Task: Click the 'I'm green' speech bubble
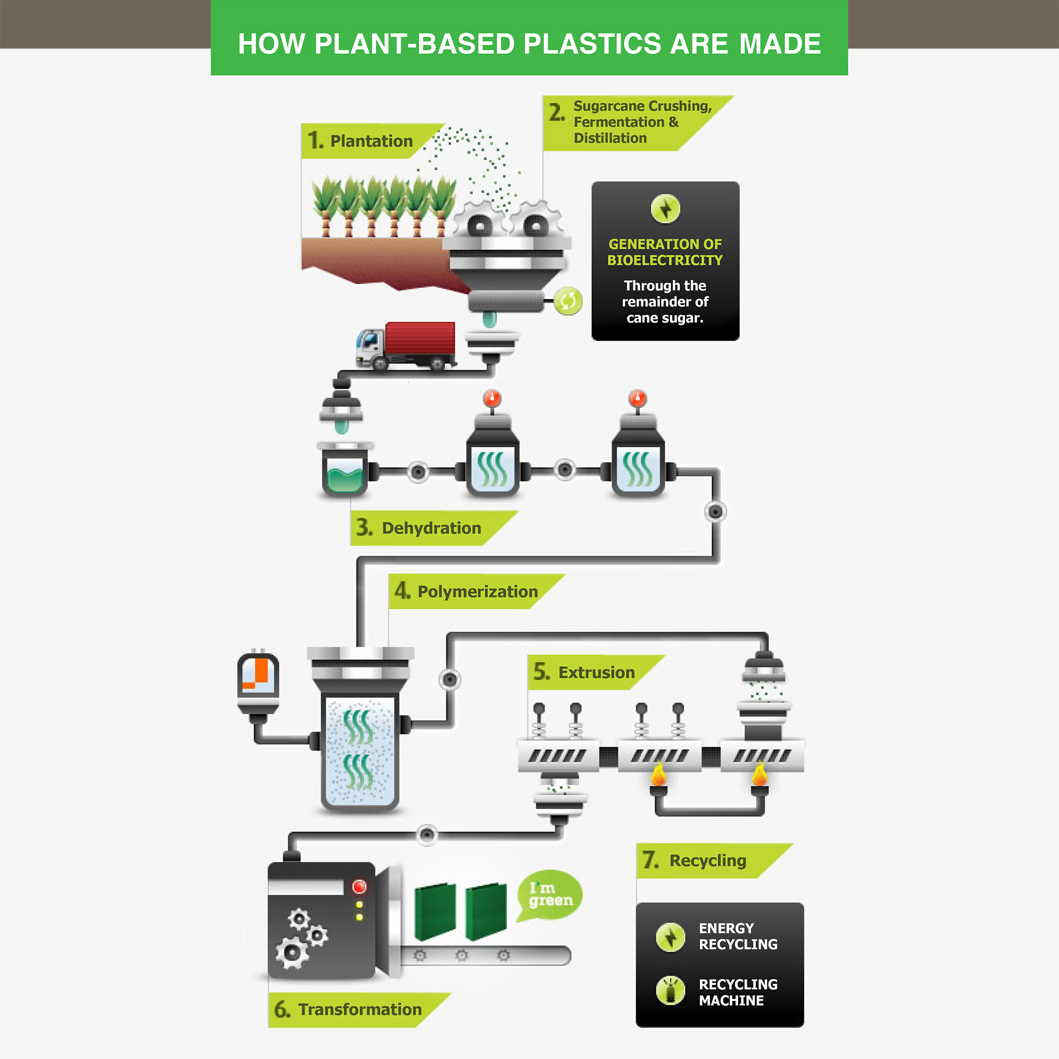point(549,894)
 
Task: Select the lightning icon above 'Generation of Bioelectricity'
point(665,209)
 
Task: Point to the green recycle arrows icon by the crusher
point(568,301)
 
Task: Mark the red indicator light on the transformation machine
point(359,886)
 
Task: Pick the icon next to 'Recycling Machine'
point(670,991)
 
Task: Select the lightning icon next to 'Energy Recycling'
point(670,937)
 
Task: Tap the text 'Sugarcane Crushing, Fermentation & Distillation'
point(642,122)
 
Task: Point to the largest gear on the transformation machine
point(291,953)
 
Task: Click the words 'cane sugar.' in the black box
point(665,318)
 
